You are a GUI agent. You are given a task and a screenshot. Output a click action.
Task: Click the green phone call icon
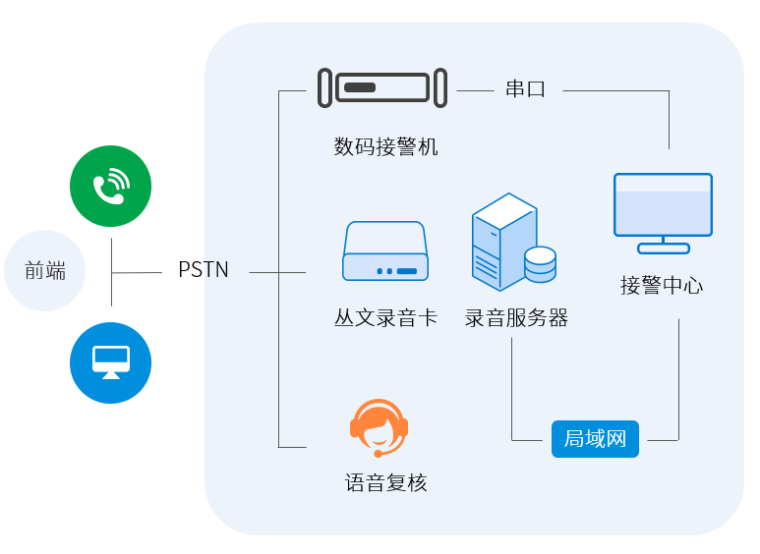coord(110,186)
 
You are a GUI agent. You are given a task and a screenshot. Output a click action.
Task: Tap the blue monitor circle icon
coord(110,362)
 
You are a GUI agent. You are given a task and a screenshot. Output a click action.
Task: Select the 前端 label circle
coord(45,271)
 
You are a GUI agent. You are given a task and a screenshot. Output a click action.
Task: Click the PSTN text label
coord(204,270)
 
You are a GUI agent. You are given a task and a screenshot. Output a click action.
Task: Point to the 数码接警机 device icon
coord(382,88)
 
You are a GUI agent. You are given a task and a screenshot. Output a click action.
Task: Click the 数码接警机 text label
coord(385,147)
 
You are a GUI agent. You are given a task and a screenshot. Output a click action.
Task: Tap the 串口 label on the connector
coord(525,89)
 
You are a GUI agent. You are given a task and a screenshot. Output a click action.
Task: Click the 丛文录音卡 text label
coord(385,318)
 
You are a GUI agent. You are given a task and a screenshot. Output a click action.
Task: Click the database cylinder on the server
coord(540,264)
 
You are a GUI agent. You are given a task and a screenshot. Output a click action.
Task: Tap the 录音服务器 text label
coord(516,318)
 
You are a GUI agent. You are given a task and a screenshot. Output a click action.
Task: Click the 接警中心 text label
coord(662,286)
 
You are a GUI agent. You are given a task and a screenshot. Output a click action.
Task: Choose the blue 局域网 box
coord(595,439)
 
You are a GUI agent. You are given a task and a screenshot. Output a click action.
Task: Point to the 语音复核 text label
coord(385,483)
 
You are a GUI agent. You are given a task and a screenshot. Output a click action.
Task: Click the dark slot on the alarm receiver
coord(360,88)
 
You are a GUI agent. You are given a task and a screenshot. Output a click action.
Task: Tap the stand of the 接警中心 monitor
coord(663,247)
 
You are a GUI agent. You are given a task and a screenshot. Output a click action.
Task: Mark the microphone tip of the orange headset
coord(378,454)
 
